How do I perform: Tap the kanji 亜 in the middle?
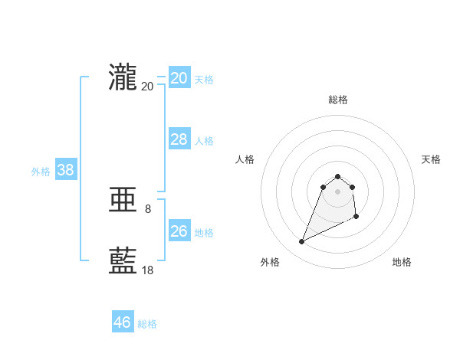tap(123, 201)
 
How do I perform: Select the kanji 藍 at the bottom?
tap(123, 261)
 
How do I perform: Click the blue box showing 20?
tap(179, 78)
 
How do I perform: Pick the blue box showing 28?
tap(179, 139)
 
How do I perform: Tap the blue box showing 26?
tap(179, 231)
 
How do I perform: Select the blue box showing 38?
tap(65, 170)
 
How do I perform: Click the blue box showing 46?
tap(122, 322)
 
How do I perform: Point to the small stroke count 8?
tap(148, 208)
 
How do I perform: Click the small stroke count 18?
tap(148, 270)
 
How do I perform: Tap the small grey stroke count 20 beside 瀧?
tap(148, 86)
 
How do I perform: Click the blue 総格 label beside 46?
tap(147, 324)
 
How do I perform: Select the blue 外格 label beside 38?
tap(41, 172)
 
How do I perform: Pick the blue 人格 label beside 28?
tap(204, 141)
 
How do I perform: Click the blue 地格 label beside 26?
tap(204, 233)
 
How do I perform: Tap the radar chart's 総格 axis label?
tap(337, 100)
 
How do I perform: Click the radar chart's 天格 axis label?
tap(431, 159)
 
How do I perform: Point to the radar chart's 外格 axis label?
tap(270, 262)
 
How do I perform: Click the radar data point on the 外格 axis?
tap(302, 242)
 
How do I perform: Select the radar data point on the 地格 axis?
tap(357, 218)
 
